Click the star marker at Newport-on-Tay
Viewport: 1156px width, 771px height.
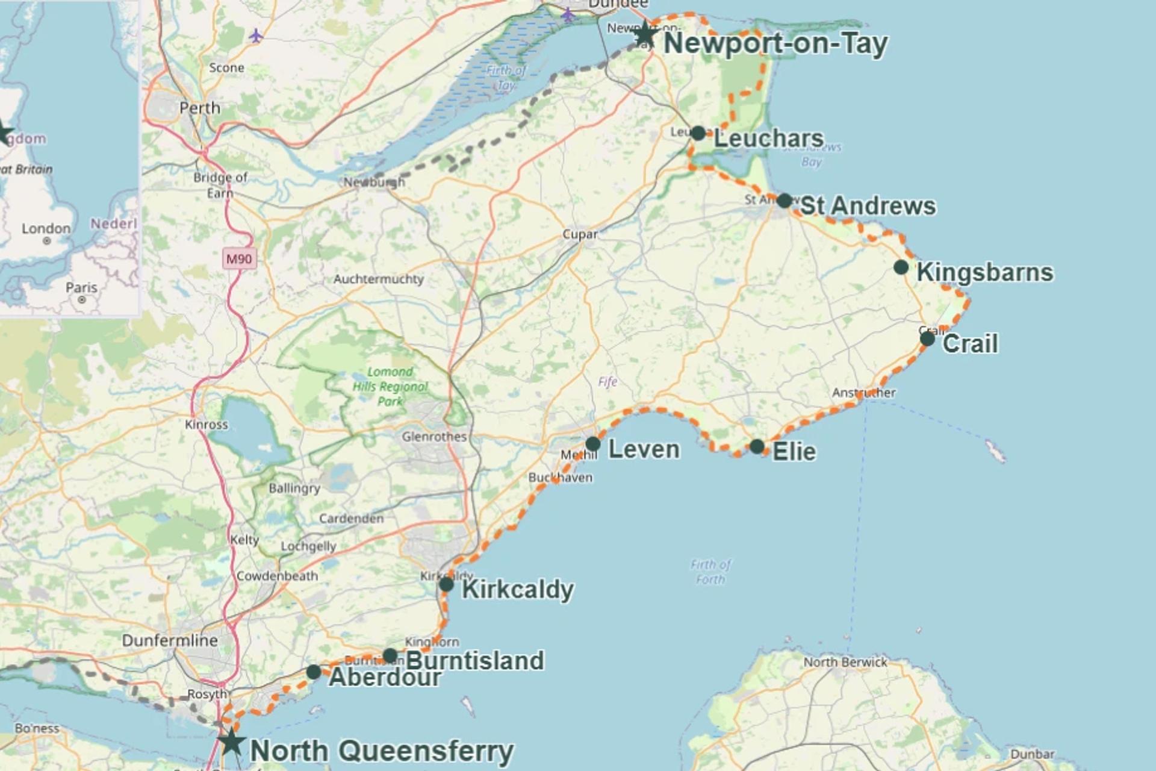(x=645, y=34)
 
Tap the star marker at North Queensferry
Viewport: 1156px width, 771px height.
(x=231, y=741)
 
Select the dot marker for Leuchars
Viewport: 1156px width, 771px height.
(x=698, y=133)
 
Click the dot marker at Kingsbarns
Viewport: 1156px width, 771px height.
(x=901, y=267)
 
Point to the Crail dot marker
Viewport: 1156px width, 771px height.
(x=927, y=339)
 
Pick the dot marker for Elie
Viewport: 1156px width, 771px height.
(x=757, y=447)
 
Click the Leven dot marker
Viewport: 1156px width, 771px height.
(x=592, y=444)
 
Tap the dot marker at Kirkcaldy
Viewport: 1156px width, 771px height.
(x=446, y=584)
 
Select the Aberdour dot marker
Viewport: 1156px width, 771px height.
(x=313, y=672)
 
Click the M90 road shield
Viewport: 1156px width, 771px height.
(x=239, y=259)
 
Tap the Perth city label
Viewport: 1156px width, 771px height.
(x=200, y=108)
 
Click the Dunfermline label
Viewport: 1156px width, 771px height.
(x=170, y=640)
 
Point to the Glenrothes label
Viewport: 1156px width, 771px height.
(x=434, y=437)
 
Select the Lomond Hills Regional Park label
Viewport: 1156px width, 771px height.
(x=390, y=386)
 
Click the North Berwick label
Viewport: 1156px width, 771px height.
(x=845, y=662)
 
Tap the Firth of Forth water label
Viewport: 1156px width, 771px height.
(x=710, y=572)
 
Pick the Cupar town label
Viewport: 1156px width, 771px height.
(x=580, y=234)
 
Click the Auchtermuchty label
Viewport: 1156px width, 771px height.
(x=379, y=279)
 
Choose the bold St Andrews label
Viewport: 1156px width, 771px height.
(x=868, y=206)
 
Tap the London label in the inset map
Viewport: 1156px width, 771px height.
(x=46, y=229)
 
